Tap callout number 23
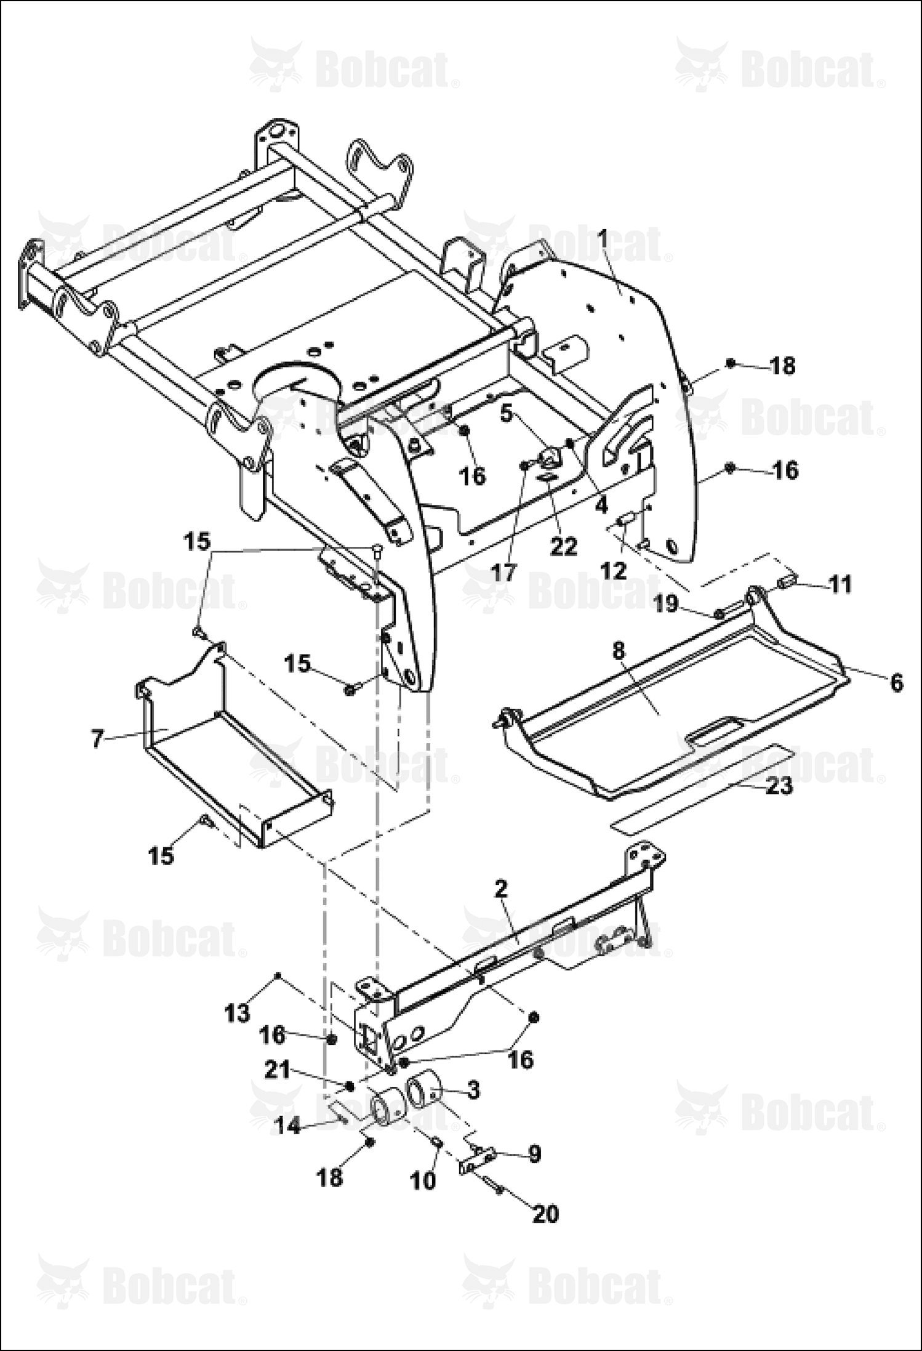[x=779, y=786]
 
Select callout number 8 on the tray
[x=619, y=650]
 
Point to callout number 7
[x=97, y=738]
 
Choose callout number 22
[x=564, y=547]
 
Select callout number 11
[x=841, y=584]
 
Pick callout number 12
[x=613, y=570]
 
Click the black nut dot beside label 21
[x=350, y=1086]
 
